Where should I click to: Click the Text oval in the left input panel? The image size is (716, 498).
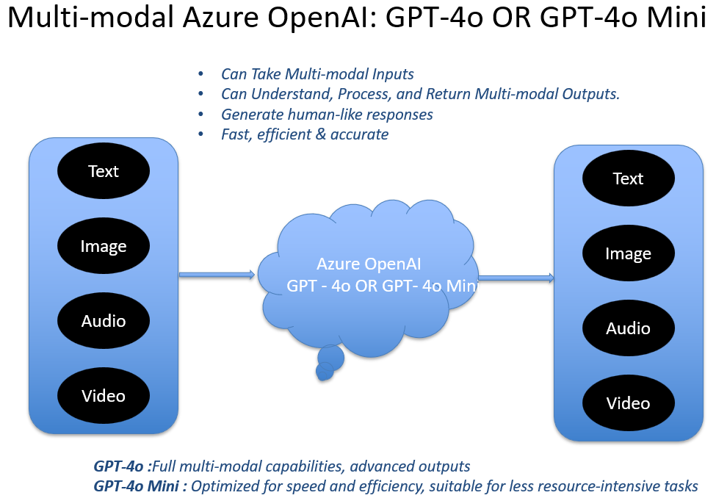104,171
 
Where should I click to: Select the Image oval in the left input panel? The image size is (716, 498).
104,247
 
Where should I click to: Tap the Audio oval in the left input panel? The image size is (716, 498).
104,321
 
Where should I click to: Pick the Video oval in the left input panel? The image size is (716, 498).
104,396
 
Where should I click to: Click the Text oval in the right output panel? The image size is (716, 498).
628,178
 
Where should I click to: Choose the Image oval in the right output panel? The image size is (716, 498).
628,253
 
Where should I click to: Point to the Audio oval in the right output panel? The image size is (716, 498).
628,328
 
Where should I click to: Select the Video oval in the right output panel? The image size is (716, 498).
628,403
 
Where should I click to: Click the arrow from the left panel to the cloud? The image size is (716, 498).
217,275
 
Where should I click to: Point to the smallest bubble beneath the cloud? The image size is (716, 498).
324,372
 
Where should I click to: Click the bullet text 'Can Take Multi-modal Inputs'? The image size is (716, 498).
317,74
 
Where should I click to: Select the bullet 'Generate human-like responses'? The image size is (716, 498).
327,114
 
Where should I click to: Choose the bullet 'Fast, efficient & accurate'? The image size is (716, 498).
305,134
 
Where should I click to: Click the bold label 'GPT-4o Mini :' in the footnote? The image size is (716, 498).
140,486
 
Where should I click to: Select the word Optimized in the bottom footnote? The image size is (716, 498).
224,486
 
